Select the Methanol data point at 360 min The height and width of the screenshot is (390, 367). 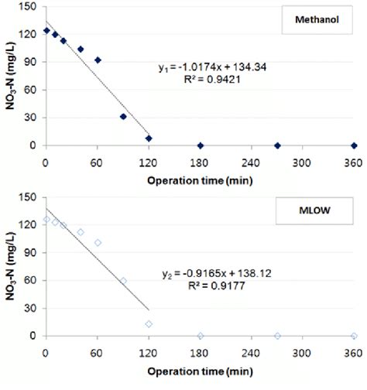pyautogui.click(x=354, y=145)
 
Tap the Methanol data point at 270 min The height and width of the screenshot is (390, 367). pyautogui.click(x=277, y=145)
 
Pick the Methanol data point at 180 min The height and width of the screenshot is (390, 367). pyautogui.click(x=201, y=145)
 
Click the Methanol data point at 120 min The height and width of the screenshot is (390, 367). pyautogui.click(x=149, y=139)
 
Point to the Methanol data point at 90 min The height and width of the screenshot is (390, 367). pyautogui.click(x=123, y=117)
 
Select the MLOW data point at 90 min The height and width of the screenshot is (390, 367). pyautogui.click(x=123, y=281)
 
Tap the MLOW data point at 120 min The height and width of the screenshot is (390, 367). pyautogui.click(x=149, y=323)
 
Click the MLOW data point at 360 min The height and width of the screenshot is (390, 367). pyautogui.click(x=354, y=336)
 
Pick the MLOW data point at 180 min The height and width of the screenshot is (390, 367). pyautogui.click(x=201, y=336)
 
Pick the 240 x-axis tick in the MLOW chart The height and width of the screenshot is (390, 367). pyautogui.click(x=252, y=348)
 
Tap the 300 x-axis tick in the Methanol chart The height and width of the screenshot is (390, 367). pyautogui.click(x=303, y=158)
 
